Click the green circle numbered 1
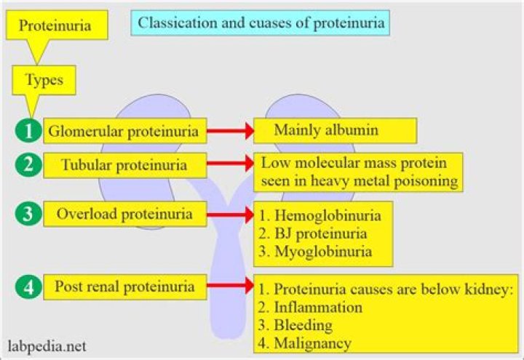[27, 132]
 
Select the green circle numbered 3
[27, 216]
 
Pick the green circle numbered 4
[27, 287]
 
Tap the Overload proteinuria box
[124, 215]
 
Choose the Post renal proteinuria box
[124, 287]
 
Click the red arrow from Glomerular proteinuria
[229, 132]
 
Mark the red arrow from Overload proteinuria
[229, 216]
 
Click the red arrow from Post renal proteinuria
[229, 287]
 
